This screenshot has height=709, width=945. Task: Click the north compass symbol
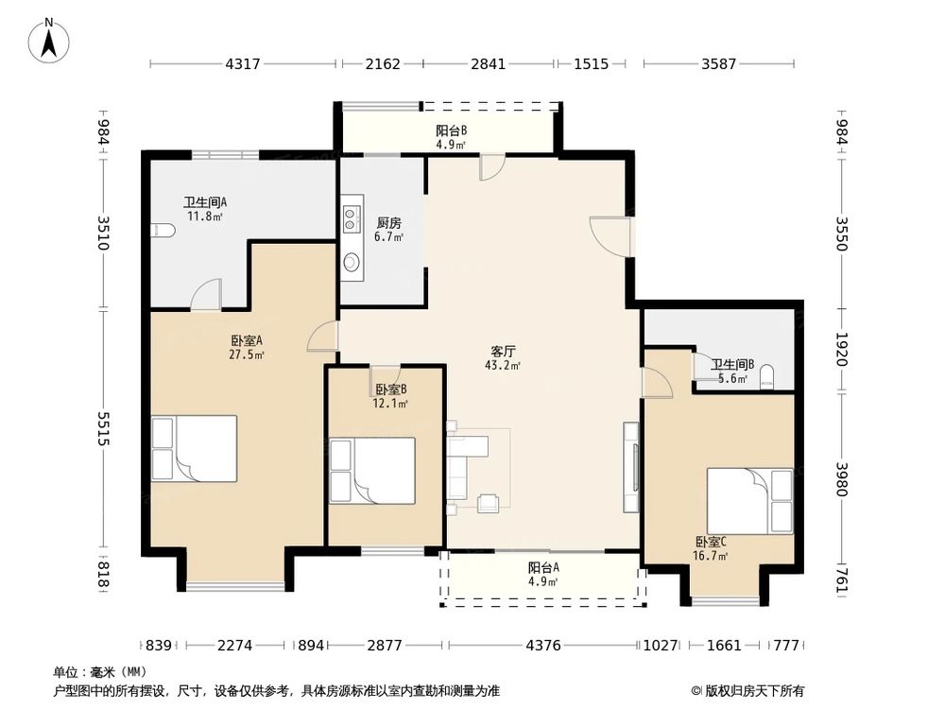[49, 40]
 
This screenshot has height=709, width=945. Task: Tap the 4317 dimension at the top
[242, 63]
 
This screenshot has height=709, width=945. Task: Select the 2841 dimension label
[489, 63]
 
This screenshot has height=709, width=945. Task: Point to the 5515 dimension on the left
[103, 428]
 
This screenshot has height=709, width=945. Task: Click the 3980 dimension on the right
[842, 480]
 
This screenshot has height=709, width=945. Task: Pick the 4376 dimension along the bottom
[543, 646]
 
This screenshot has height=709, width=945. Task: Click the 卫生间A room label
[205, 202]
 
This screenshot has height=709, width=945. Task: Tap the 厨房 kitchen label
[388, 223]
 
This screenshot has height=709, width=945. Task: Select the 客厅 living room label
[503, 351]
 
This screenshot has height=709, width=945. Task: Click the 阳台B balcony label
[452, 130]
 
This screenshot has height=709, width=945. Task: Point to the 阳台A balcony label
[543, 567]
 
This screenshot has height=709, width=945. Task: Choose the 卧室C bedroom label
[712, 542]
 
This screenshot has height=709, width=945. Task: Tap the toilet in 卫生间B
[767, 377]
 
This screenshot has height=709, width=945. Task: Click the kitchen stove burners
[351, 219]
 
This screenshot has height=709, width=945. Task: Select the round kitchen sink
[351, 262]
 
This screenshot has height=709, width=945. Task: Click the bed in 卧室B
[372, 471]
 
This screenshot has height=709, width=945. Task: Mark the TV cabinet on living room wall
[631, 468]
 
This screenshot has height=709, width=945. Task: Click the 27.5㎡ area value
[247, 355]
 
